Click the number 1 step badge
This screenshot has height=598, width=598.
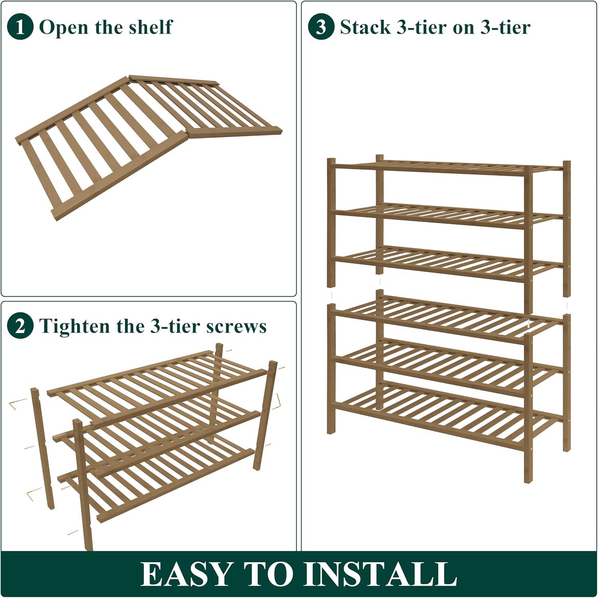pyautogui.click(x=20, y=27)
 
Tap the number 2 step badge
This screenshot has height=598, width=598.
pyautogui.click(x=20, y=326)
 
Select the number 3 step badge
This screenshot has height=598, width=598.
pyautogui.click(x=321, y=27)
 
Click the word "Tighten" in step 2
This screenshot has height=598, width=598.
pyautogui.click(x=76, y=326)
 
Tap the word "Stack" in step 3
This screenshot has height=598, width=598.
pyautogui.click(x=365, y=27)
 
